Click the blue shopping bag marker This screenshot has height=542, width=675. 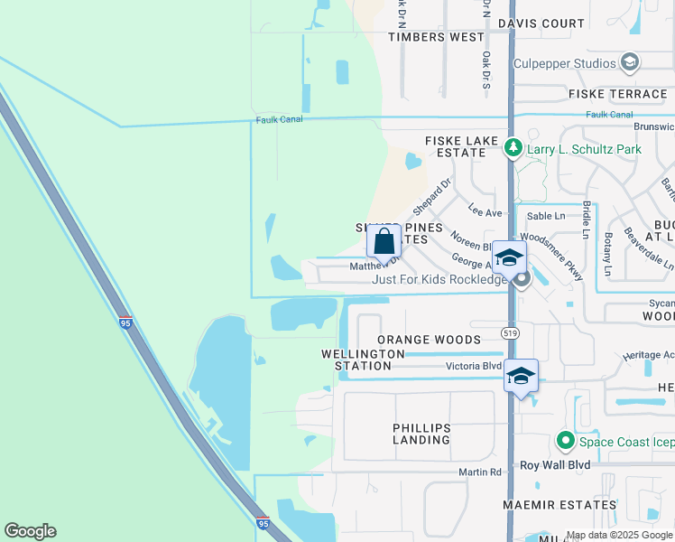[384, 242]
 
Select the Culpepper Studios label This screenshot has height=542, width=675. [564, 63]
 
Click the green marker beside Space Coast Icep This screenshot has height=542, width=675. [566, 441]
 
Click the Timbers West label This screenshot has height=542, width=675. [436, 37]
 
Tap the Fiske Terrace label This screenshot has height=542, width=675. [617, 94]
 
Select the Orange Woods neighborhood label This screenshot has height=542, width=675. [429, 340]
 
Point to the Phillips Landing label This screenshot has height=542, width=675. [421, 434]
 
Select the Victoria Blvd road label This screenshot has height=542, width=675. [473, 366]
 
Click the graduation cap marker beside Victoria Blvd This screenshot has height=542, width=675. [521, 375]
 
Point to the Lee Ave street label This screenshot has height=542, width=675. [485, 210]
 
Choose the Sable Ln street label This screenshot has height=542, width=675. [545, 216]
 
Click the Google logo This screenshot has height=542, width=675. [30, 531]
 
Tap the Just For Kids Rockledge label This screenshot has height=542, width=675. [440, 280]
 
